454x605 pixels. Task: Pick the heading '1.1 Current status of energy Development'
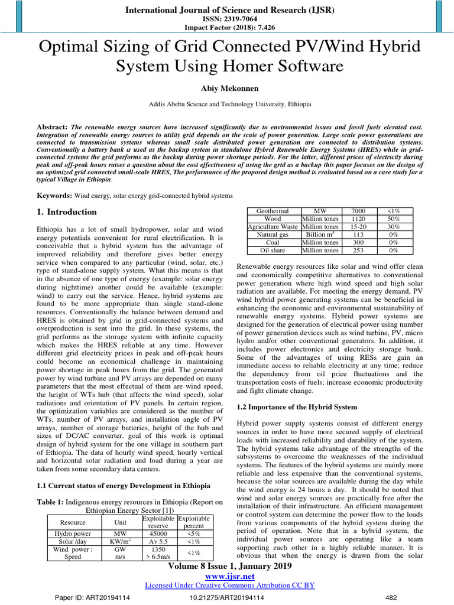click(120, 486)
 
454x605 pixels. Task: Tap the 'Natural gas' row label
click(272, 234)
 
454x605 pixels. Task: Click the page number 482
click(390, 597)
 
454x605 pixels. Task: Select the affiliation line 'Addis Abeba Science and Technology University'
click(229, 104)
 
